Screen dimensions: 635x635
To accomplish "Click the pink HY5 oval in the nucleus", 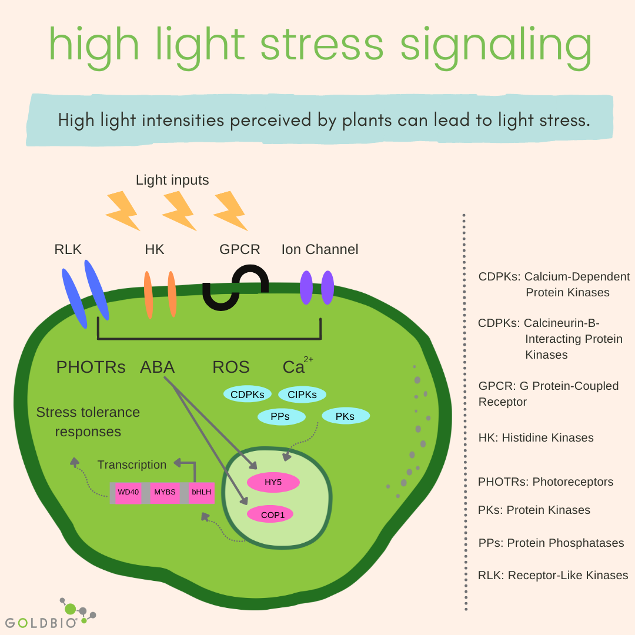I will (273, 482).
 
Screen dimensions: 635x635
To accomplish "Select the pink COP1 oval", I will (269, 514).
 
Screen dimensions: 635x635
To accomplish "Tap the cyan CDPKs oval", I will (247, 395).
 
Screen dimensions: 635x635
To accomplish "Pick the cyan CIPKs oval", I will (302, 395).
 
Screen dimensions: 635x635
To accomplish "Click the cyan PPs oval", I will (281, 417).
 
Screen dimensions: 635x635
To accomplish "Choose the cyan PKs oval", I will (345, 416).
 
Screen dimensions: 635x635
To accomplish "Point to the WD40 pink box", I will (128, 492).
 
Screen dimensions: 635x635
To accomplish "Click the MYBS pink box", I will (165, 492).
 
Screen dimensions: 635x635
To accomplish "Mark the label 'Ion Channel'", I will (320, 249).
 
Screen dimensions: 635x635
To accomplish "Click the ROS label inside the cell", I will (231, 367).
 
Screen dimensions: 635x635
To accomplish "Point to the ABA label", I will (157, 367).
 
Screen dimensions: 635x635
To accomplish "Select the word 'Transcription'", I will (132, 464).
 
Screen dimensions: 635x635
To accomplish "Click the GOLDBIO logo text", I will (41, 622).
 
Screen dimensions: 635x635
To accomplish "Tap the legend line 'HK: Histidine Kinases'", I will (536, 437).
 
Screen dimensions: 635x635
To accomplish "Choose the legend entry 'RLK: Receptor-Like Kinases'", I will (553, 575).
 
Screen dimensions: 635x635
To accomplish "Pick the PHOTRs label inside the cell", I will (91, 367).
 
